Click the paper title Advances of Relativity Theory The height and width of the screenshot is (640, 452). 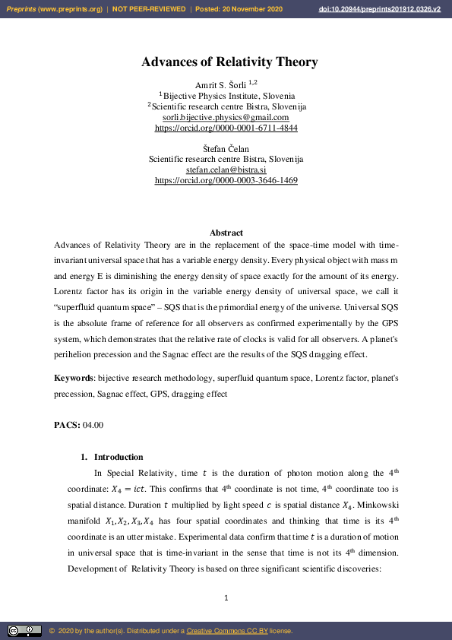(229, 62)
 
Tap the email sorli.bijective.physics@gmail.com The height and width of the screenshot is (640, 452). (226, 118)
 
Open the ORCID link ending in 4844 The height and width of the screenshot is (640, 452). (226, 128)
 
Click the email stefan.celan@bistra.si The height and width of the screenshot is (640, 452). (226, 170)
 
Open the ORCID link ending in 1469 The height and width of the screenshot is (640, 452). (226, 181)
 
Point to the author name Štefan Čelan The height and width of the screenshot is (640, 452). (226, 147)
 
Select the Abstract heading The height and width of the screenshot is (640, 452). (226, 233)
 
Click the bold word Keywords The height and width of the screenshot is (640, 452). (73, 378)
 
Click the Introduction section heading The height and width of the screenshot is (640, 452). (118, 457)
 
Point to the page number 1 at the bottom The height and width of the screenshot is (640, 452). (226, 598)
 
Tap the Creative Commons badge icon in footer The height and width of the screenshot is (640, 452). (24, 630)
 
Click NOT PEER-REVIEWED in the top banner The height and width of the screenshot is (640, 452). (149, 8)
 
